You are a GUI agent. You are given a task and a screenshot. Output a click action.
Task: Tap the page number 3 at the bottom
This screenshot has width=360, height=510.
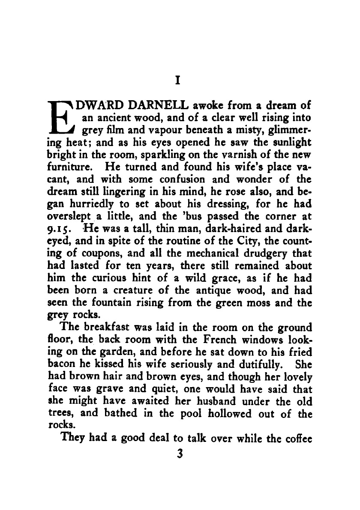180,453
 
